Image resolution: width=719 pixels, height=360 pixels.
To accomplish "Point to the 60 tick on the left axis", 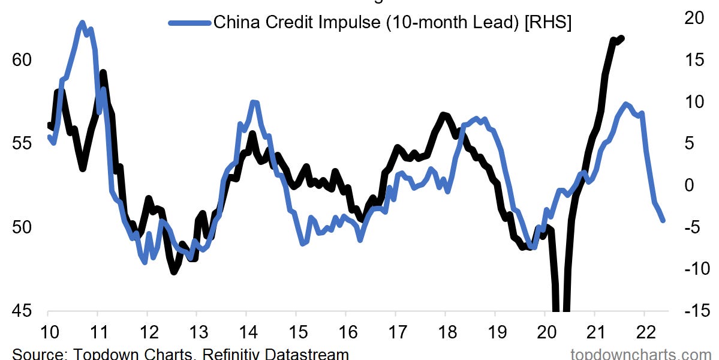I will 23,61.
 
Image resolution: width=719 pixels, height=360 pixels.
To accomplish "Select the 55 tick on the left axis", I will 23,144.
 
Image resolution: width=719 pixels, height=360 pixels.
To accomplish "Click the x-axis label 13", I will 197,331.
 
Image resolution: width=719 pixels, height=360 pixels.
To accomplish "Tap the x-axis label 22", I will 644,331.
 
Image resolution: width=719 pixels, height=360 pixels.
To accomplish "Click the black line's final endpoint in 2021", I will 622,38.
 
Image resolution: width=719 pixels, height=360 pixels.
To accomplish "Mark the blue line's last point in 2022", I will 663,220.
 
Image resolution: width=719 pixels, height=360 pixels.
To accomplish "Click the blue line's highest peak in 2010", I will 82,23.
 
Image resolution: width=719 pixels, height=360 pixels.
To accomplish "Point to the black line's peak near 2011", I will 103,73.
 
